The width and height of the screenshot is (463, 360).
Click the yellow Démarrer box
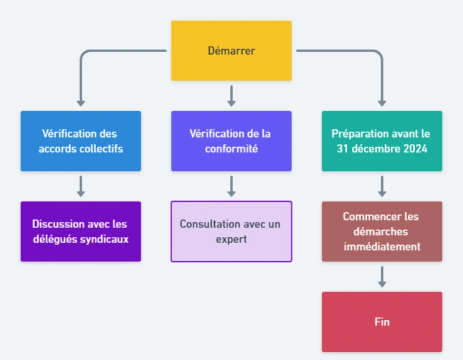231,50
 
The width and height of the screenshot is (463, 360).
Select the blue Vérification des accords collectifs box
80,141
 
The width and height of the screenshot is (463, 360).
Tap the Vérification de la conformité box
231,141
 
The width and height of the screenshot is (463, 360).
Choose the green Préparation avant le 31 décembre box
382,141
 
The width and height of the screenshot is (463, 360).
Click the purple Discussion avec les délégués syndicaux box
80,231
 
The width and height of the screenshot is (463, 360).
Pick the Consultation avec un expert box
231,231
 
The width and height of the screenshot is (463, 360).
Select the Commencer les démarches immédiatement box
382,231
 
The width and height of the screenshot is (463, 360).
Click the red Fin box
382,322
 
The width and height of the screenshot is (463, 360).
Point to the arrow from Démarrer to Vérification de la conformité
231,95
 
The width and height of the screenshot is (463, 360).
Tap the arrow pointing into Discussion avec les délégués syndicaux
80,186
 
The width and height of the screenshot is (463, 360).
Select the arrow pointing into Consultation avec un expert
231,186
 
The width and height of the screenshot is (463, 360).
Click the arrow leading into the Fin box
382,276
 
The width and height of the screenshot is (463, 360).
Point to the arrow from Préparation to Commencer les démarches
382,186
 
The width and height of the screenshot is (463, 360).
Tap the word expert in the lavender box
231,239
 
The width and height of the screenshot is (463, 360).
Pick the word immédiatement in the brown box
382,246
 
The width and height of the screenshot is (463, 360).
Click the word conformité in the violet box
231,149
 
